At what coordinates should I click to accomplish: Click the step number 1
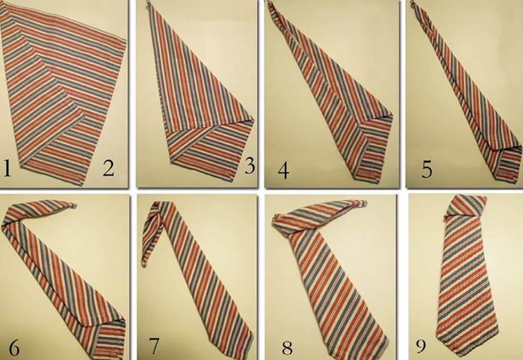point(7,168)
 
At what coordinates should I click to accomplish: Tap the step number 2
point(109,167)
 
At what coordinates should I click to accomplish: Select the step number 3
point(250,165)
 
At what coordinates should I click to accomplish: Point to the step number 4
point(283,170)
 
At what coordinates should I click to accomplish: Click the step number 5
point(427,169)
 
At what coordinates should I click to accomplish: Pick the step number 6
point(14,347)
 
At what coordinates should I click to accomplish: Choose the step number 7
point(154,346)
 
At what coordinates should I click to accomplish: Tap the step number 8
point(287,347)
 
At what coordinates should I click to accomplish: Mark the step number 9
point(421,345)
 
